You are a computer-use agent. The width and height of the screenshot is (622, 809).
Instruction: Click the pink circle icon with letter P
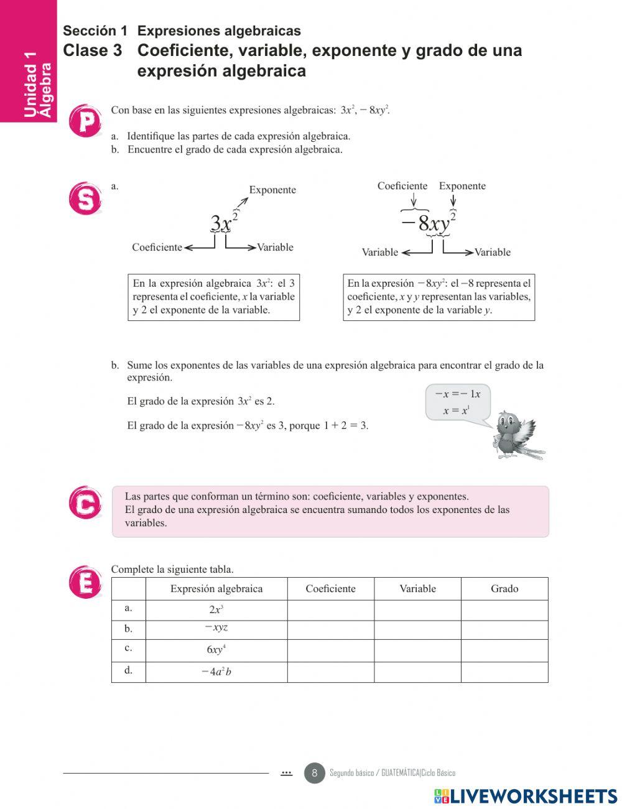coord(85,121)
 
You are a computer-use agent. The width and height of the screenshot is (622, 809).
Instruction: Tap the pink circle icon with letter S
coord(85,199)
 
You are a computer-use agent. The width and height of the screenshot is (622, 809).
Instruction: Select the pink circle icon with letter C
coord(85,502)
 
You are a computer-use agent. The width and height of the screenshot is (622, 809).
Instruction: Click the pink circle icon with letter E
coord(85,583)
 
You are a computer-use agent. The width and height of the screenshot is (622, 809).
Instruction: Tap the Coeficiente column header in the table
coord(330,589)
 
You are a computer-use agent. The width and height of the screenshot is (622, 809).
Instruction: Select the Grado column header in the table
coord(504,589)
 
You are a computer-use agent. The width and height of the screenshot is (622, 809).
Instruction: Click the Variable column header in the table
coord(417,589)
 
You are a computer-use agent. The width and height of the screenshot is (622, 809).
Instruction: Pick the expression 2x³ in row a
coord(216,609)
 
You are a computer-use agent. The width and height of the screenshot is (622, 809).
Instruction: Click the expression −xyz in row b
coord(216,627)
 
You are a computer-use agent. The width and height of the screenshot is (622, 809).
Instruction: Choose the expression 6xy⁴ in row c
coord(216,650)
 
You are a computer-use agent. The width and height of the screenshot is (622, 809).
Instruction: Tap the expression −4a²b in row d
coord(216,672)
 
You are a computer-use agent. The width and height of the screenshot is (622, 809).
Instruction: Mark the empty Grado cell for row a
coord(504,610)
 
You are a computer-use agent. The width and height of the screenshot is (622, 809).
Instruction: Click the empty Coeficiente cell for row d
coord(330,672)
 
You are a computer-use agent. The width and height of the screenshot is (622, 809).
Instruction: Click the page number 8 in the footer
coord(314,773)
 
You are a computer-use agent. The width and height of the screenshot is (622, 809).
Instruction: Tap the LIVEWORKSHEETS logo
coord(526,797)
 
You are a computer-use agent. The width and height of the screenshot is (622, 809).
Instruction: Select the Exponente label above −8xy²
coord(462,186)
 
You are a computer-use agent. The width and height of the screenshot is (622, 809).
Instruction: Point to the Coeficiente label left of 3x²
coord(157,247)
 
